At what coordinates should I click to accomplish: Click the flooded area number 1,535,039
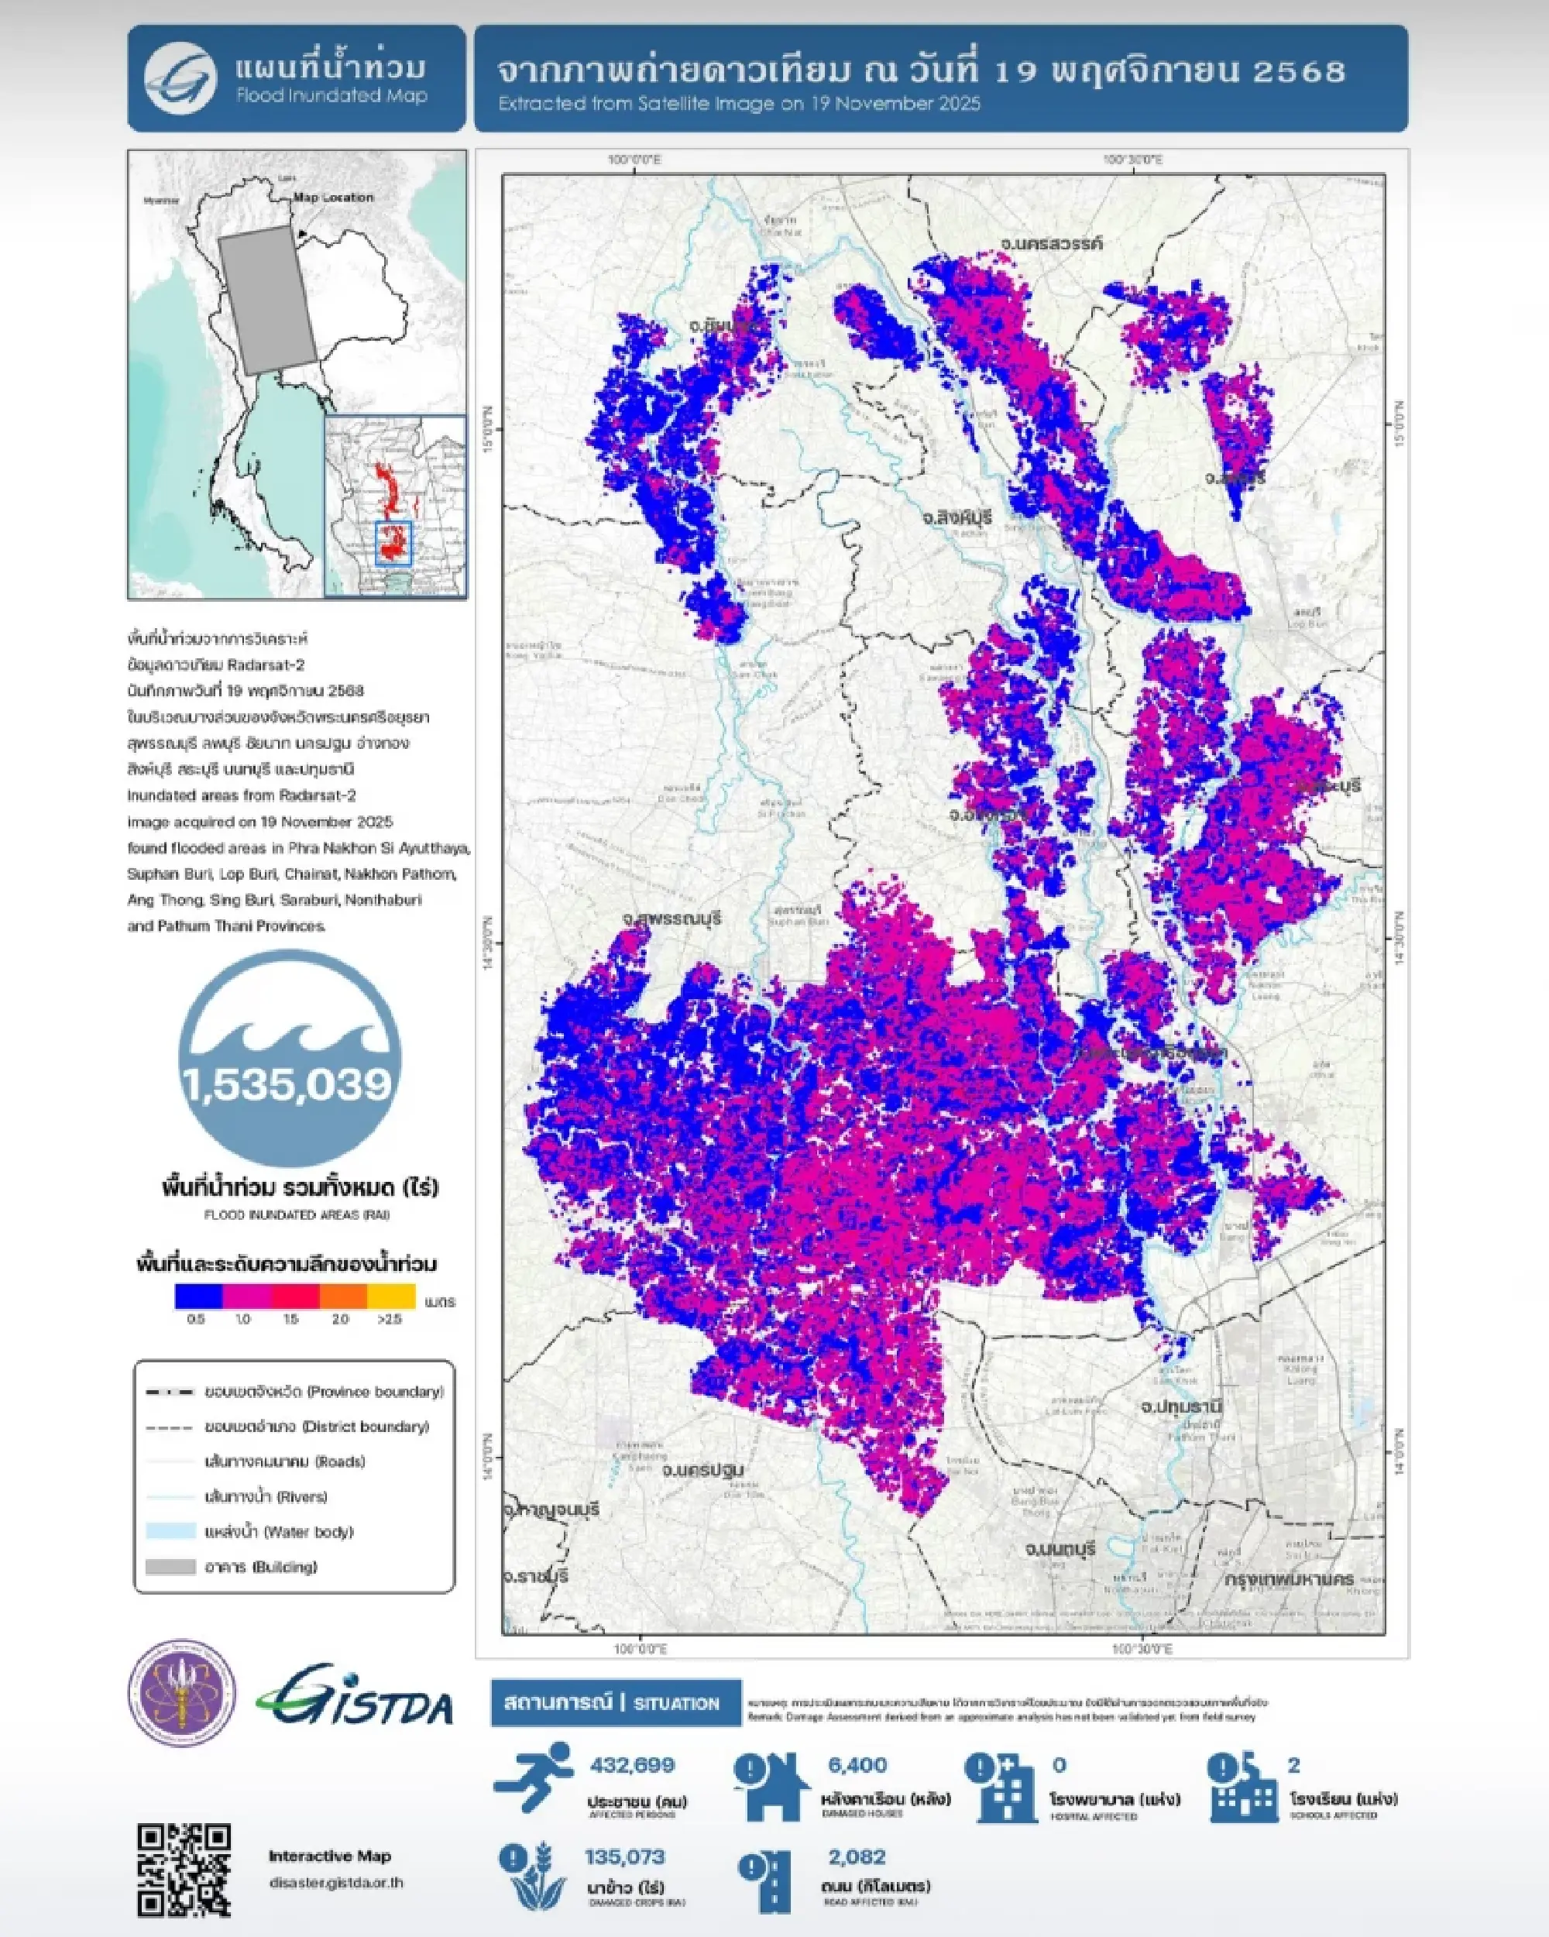pos(288,1084)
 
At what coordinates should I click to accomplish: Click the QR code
pos(184,1869)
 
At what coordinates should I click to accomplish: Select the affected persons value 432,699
pos(632,1764)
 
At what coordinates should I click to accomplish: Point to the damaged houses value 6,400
pos(857,1764)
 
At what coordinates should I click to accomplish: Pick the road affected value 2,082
pos(857,1856)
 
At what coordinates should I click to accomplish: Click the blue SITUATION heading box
pos(616,1703)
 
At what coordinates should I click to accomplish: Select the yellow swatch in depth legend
pos(392,1296)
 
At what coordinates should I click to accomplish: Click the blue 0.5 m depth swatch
pos(198,1296)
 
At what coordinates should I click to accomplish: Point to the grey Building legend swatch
pos(170,1567)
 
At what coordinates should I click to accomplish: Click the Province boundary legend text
pos(324,1392)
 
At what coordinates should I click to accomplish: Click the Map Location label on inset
pos(333,197)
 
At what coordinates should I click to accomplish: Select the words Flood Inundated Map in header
pos(331,95)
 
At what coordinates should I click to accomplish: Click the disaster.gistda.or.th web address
pos(336,1882)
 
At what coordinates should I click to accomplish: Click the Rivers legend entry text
pos(265,1497)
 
